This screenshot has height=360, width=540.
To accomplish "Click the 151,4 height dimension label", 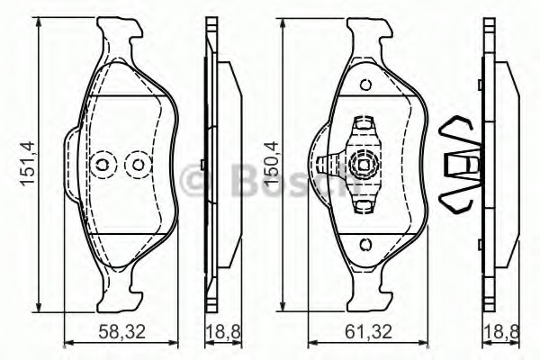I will (x=27, y=163).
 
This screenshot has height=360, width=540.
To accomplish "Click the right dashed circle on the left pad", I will (x=138, y=165).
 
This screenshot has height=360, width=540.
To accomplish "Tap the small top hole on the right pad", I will (x=365, y=85).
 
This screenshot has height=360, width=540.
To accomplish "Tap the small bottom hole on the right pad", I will (x=365, y=244).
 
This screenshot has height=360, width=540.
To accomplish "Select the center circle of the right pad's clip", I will (x=365, y=165).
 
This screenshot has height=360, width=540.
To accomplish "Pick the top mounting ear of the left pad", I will (x=121, y=36).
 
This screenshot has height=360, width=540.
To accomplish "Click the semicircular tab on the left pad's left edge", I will (x=72, y=165).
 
